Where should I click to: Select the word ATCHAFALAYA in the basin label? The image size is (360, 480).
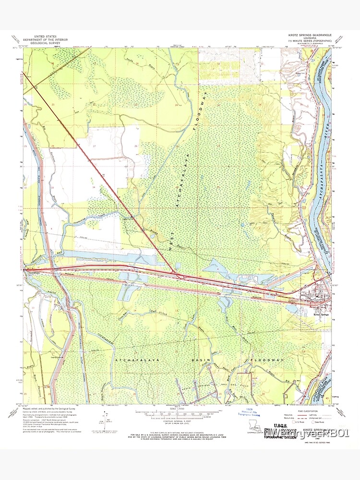(132, 359)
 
